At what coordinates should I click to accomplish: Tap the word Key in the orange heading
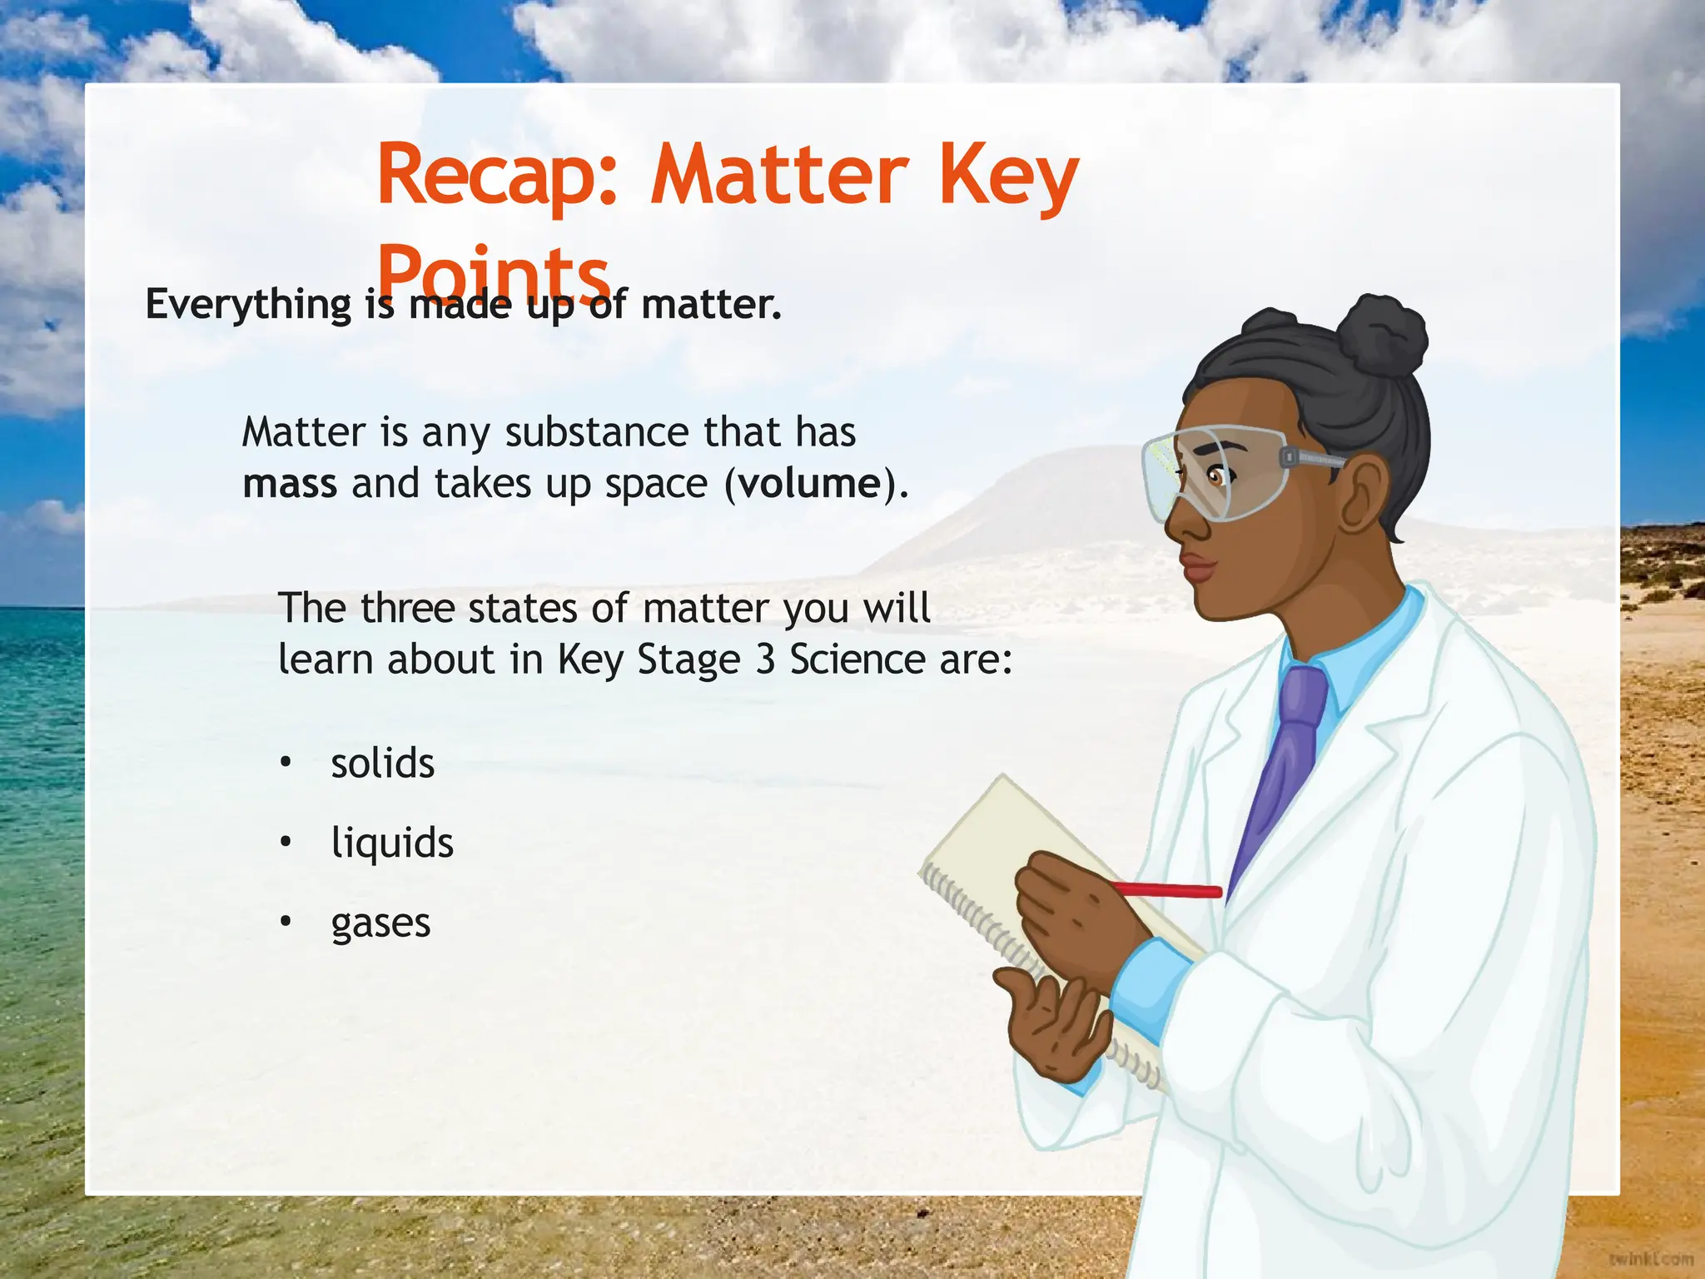pos(1008,177)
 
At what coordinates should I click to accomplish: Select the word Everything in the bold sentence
pos(248,305)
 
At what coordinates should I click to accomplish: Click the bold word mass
pos(289,484)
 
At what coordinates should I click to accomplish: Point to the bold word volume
pos(809,484)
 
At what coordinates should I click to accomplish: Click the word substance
pos(597,432)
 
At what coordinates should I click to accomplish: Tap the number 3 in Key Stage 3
pos(764,660)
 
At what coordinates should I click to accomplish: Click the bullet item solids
pos(382,764)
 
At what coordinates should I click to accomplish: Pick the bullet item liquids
pos(392,844)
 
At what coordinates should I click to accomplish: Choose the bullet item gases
pos(380,923)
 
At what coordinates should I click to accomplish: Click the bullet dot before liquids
pos(286,843)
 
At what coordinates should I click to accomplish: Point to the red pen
pos(1170,890)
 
